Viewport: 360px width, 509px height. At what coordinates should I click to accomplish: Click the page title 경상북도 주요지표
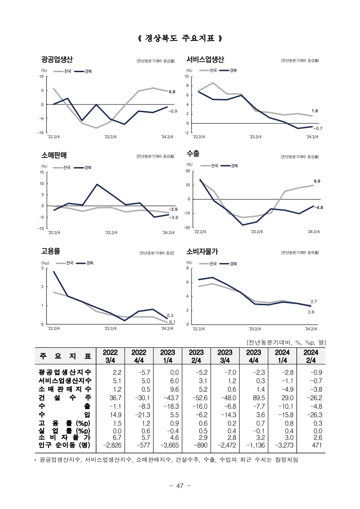[180, 38]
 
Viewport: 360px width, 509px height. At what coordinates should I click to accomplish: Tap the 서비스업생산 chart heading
[205, 59]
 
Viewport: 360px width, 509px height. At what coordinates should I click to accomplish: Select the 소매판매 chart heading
[54, 155]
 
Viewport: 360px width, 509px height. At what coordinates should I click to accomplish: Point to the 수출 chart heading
[192, 153]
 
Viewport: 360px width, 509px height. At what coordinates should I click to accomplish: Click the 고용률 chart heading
[50, 251]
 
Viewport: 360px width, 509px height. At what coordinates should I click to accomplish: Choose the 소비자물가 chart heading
[202, 251]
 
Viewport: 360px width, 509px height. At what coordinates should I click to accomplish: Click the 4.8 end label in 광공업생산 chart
[172, 92]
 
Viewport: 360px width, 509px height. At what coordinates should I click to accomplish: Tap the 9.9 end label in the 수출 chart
[317, 181]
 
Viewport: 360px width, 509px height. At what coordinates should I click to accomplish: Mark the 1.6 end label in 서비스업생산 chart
[315, 111]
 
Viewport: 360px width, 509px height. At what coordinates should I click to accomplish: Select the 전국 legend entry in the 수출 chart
[209, 166]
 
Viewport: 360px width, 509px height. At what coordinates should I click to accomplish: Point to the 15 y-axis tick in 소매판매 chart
[42, 172]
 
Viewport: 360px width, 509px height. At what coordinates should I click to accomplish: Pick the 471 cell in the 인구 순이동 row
[316, 445]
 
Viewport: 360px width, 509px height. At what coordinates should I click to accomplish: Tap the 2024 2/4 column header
[311, 356]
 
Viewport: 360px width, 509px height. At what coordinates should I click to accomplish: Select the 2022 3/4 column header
[110, 356]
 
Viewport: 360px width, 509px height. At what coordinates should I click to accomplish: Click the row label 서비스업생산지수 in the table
[65, 381]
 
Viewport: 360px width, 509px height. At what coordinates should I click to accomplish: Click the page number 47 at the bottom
[180, 486]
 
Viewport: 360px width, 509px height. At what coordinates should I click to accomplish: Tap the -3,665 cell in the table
[169, 445]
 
